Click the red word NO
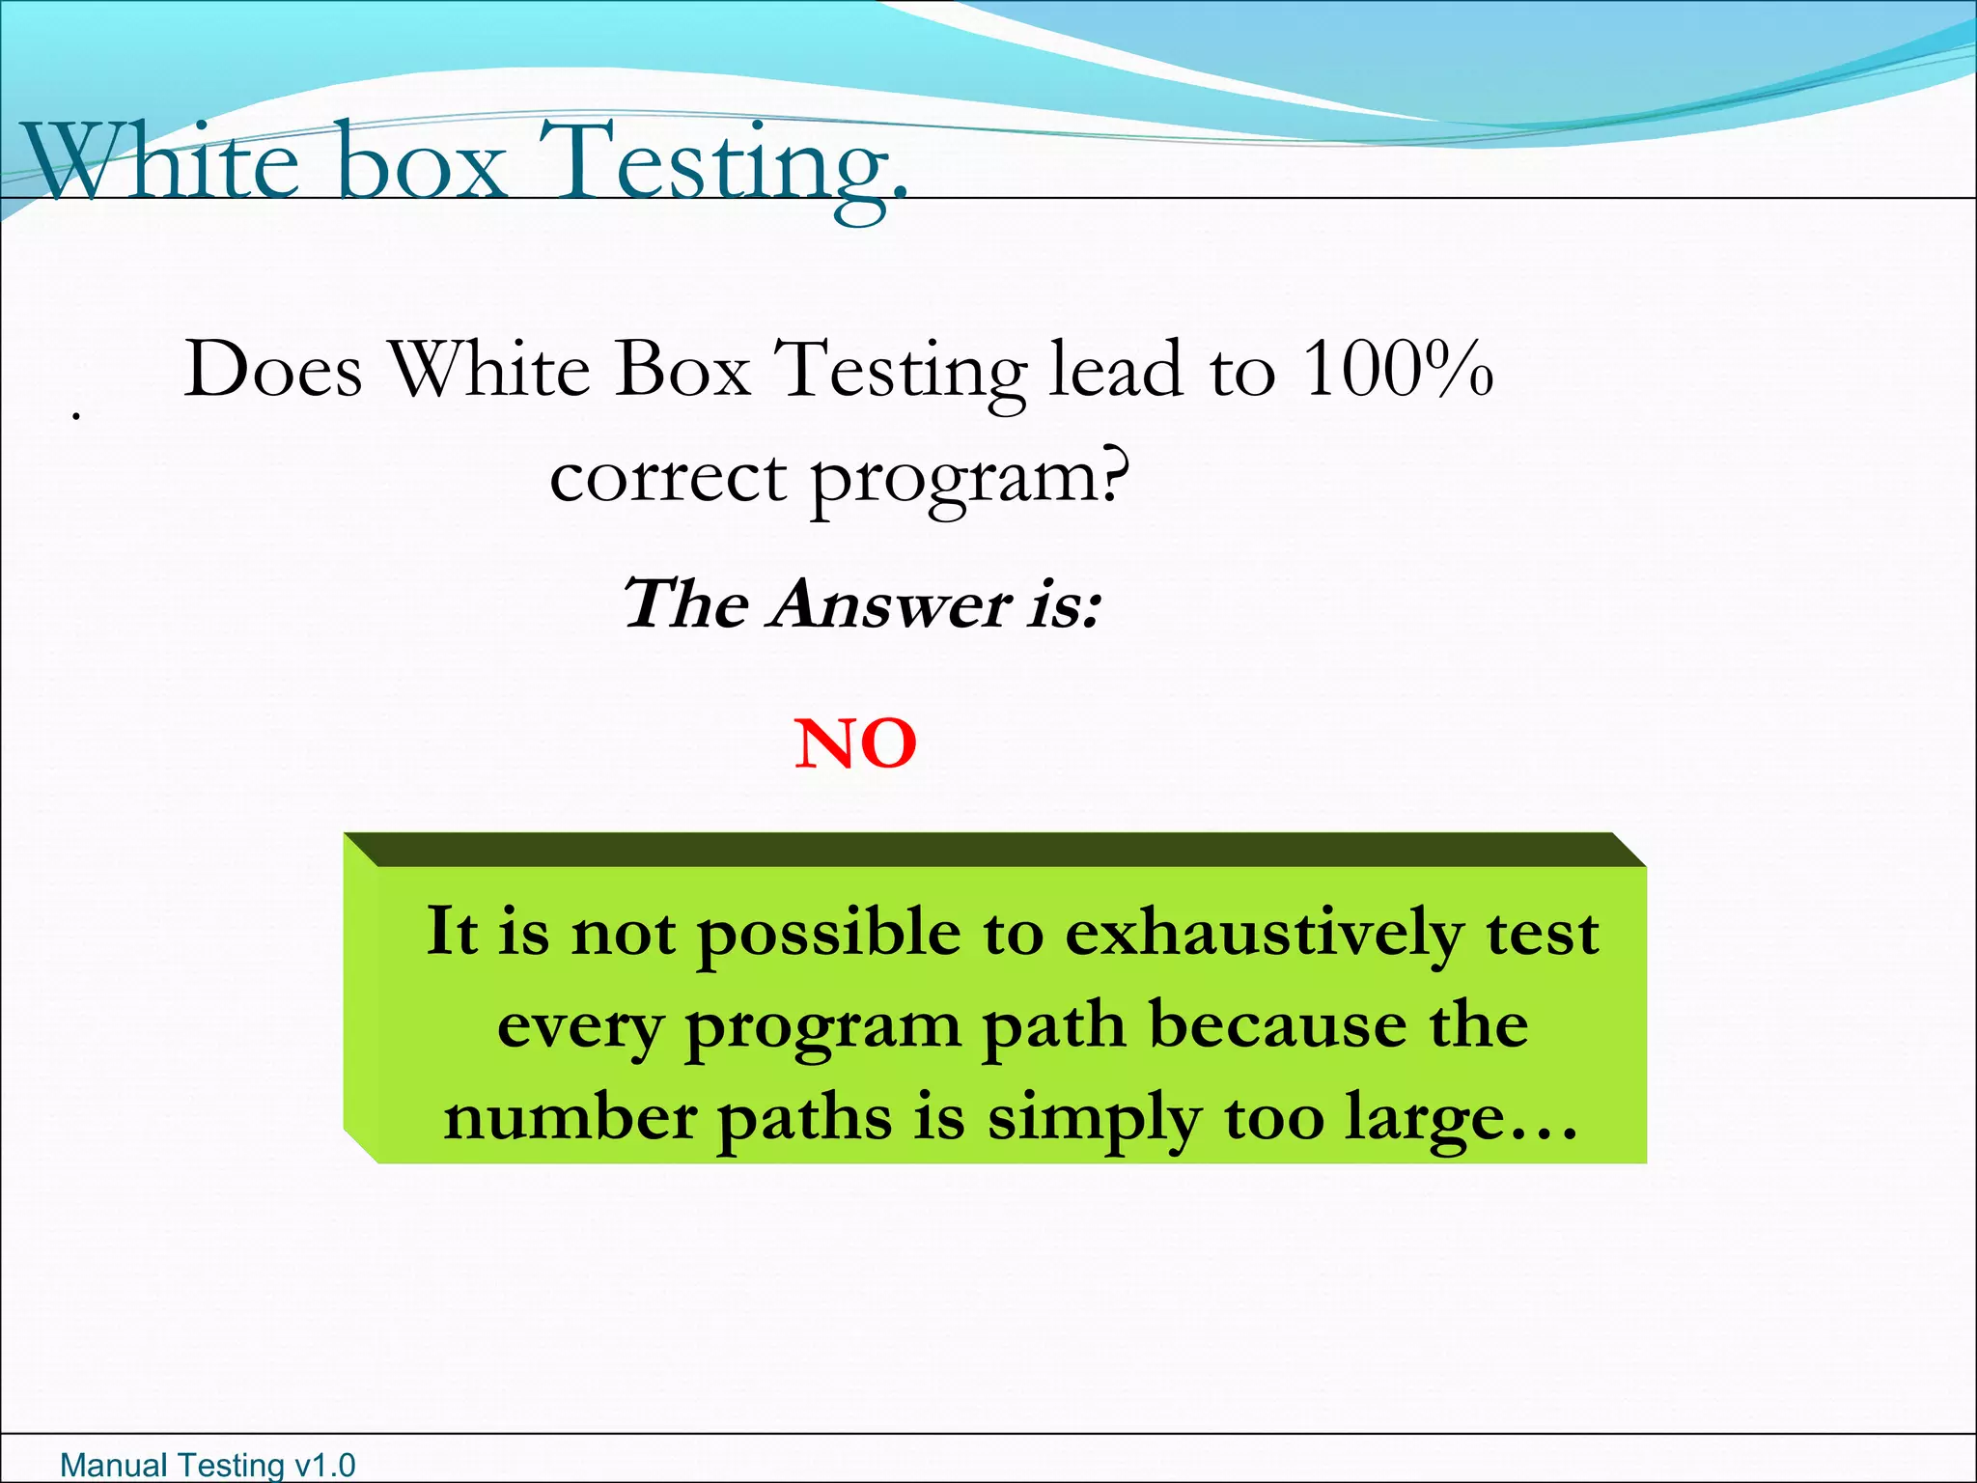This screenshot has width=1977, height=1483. [855, 744]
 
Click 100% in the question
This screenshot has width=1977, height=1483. [1398, 369]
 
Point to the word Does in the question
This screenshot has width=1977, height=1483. [273, 369]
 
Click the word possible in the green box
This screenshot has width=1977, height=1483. [828, 935]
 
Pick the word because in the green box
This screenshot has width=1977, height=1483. [1279, 1025]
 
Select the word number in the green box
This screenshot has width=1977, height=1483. [570, 1118]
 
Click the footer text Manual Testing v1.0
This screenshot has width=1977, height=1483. [208, 1465]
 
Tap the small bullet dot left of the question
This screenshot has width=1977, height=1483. [75, 416]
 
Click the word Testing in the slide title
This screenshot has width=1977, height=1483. [722, 164]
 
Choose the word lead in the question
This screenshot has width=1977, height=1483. [1116, 369]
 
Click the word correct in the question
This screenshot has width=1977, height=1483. [668, 478]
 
